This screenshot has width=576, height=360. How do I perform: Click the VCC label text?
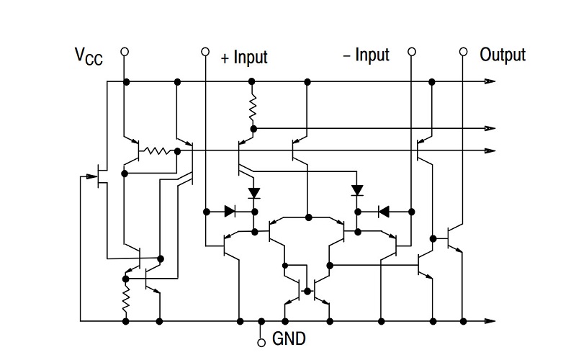tap(89, 57)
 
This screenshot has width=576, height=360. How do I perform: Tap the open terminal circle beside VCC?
tap(125, 52)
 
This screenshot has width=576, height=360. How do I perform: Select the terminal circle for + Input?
tap(205, 52)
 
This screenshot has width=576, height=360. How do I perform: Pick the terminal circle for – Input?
tap(413, 52)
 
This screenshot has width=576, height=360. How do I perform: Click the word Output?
tap(503, 55)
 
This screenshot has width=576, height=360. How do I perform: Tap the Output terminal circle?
tap(464, 52)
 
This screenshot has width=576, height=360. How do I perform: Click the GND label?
tap(288, 338)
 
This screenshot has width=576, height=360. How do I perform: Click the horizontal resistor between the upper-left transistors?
tap(158, 151)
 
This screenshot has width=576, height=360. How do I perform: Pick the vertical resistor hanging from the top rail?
tap(253, 108)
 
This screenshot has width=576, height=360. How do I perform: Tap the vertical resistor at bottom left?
tap(125, 300)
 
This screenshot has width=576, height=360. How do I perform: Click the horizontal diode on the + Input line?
tap(230, 212)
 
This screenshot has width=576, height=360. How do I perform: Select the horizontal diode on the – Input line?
tap(384, 212)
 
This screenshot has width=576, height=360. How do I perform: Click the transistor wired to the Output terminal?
tap(454, 238)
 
